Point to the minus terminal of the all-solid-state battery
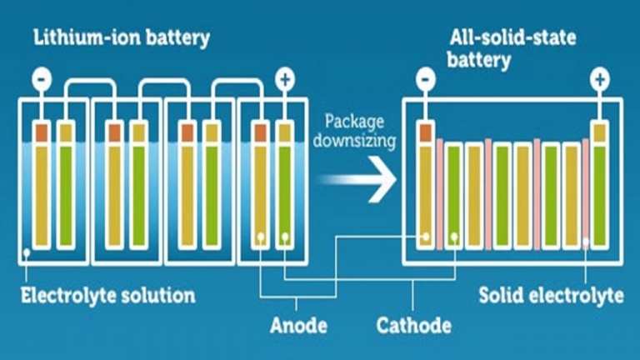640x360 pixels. [x=425, y=80]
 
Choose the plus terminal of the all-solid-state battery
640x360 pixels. [x=599, y=80]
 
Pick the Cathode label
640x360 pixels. [x=414, y=324]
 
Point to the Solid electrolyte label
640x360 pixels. [x=551, y=296]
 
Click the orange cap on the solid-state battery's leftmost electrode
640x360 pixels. [x=425, y=132]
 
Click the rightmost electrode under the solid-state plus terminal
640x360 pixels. [x=599, y=192]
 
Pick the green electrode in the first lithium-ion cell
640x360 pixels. [x=66, y=192]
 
